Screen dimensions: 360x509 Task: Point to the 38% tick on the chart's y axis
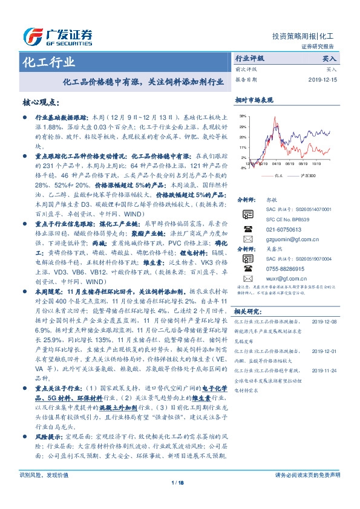point(243,115)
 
